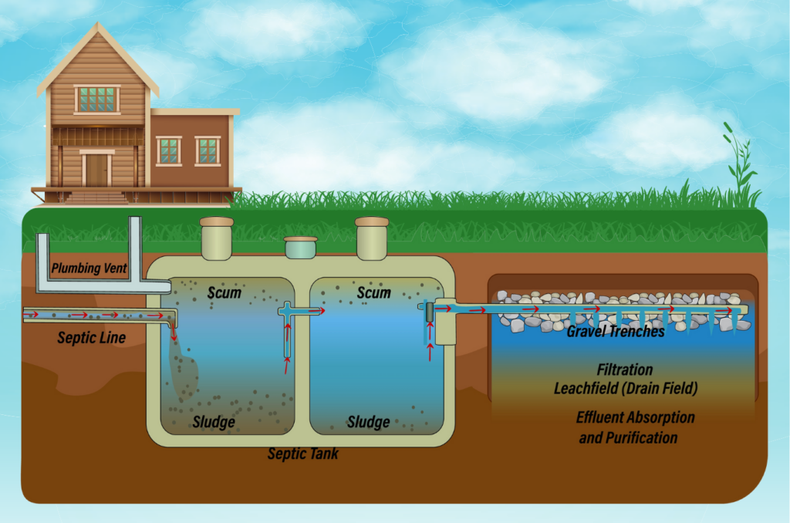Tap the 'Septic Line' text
[x=91, y=337]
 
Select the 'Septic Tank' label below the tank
[x=302, y=454]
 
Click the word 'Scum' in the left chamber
[x=225, y=293]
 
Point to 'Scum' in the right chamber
[x=373, y=293]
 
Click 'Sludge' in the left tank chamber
[x=213, y=422]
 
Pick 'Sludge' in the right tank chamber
[x=368, y=422]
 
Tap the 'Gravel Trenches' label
[x=615, y=332]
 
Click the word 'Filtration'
[x=625, y=370]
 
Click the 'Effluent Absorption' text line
[x=635, y=417]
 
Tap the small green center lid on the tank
[x=300, y=247]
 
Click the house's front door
[x=97, y=170]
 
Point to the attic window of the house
[x=97, y=99]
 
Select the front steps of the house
[x=96, y=197]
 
